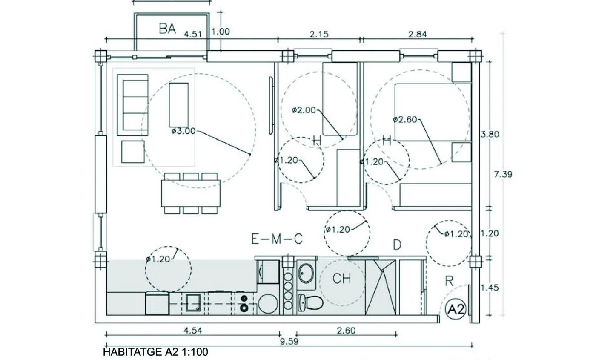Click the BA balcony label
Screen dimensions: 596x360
coord(167,29)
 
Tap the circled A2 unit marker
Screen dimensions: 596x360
coord(456,309)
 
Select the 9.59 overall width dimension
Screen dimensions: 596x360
coord(289,341)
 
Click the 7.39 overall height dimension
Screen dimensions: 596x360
coord(503,174)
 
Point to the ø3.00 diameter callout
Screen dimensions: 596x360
coord(183,131)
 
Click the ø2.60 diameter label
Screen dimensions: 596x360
coord(405,120)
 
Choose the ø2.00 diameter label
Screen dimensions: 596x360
coord(304,110)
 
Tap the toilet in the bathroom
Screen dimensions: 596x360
coord(310,302)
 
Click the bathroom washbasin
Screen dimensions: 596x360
coord(306,273)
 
